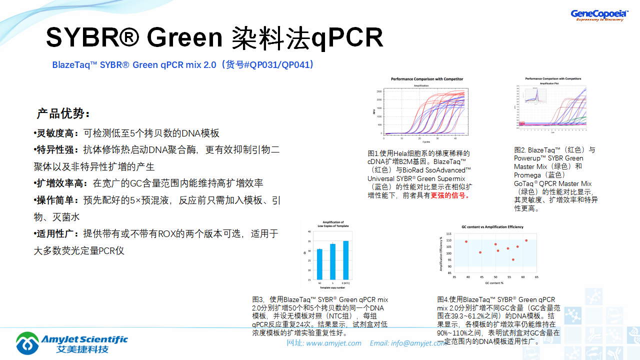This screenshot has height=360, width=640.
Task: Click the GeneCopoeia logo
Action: [x=599, y=15]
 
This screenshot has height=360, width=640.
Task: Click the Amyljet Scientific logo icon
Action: [x=27, y=343]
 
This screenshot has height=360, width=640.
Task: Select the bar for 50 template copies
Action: [x=319, y=264]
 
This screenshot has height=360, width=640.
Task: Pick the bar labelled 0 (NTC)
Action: [x=345, y=260]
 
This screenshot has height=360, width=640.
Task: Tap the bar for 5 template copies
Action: [x=332, y=262]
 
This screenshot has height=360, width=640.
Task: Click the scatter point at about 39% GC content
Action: [x=466, y=242]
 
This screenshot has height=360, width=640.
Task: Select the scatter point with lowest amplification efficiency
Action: [x=513, y=259]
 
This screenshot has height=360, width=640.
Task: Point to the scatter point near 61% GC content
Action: [x=526, y=240]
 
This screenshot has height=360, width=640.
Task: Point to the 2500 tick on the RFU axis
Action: [x=379, y=92]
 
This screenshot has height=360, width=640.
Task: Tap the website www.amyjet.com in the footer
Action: [x=333, y=343]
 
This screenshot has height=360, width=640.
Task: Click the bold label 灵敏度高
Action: [x=56, y=133]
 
